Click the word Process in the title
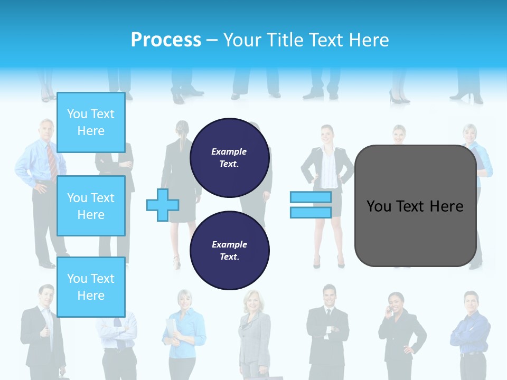click(166, 40)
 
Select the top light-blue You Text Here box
click(91, 122)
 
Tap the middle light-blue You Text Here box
click(91, 206)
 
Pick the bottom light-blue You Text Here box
click(91, 287)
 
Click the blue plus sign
click(163, 205)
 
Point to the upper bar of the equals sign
click(311, 197)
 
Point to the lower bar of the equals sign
click(311, 212)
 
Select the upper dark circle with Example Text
click(230, 158)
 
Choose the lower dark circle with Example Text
click(230, 251)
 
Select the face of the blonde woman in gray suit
click(250, 302)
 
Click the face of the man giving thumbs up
click(46, 296)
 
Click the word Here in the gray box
click(446, 206)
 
